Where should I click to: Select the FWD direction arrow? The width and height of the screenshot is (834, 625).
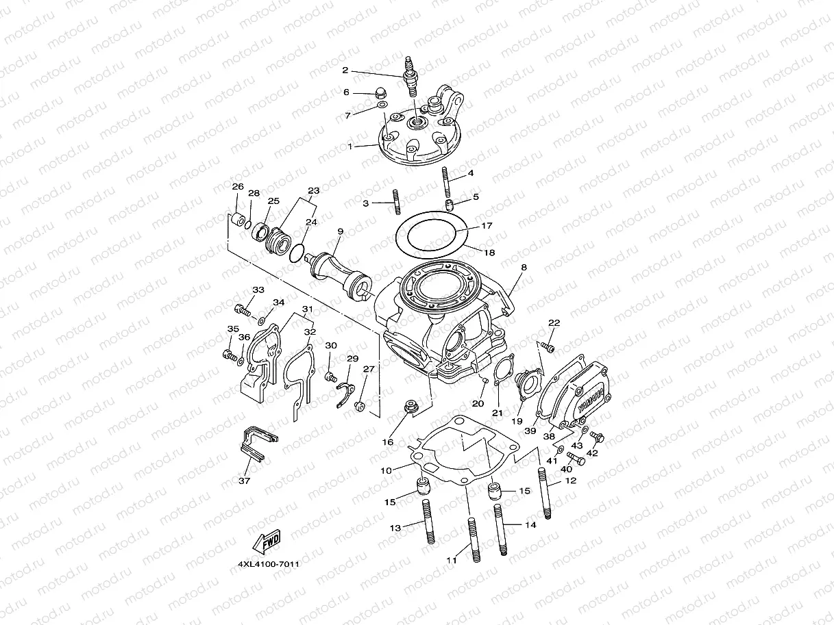267,542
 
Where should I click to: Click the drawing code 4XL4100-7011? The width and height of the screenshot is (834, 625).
268,565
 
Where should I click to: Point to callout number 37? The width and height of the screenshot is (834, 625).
245,481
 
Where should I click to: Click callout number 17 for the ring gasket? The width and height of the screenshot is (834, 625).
486,225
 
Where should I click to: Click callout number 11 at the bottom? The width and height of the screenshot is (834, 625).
451,560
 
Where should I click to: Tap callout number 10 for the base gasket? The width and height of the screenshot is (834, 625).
386,470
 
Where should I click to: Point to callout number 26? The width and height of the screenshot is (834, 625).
237,187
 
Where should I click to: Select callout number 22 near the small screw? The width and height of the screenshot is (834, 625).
554,323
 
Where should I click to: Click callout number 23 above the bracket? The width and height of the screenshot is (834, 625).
314,190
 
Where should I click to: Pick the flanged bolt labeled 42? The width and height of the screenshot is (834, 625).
596,436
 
